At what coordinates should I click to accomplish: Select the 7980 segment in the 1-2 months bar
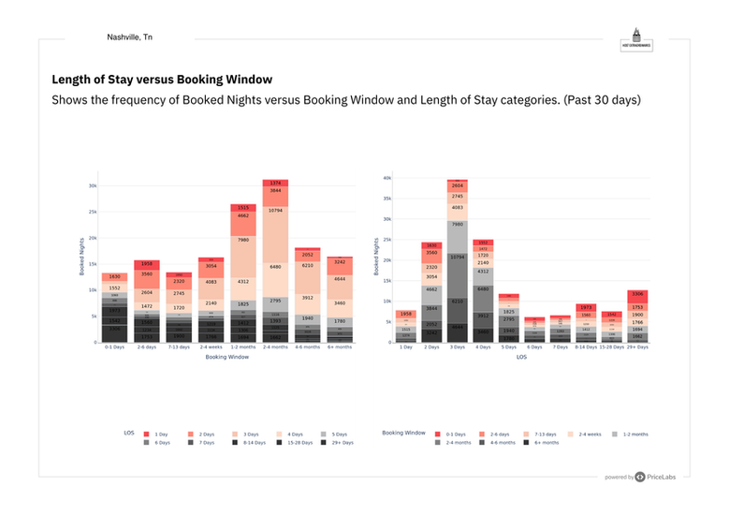click(242, 240)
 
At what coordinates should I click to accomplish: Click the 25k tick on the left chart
click(93, 212)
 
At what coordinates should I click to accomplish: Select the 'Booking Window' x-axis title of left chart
click(227, 357)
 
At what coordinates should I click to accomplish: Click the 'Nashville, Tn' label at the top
click(129, 37)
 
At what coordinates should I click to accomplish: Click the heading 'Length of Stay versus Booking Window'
click(161, 80)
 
